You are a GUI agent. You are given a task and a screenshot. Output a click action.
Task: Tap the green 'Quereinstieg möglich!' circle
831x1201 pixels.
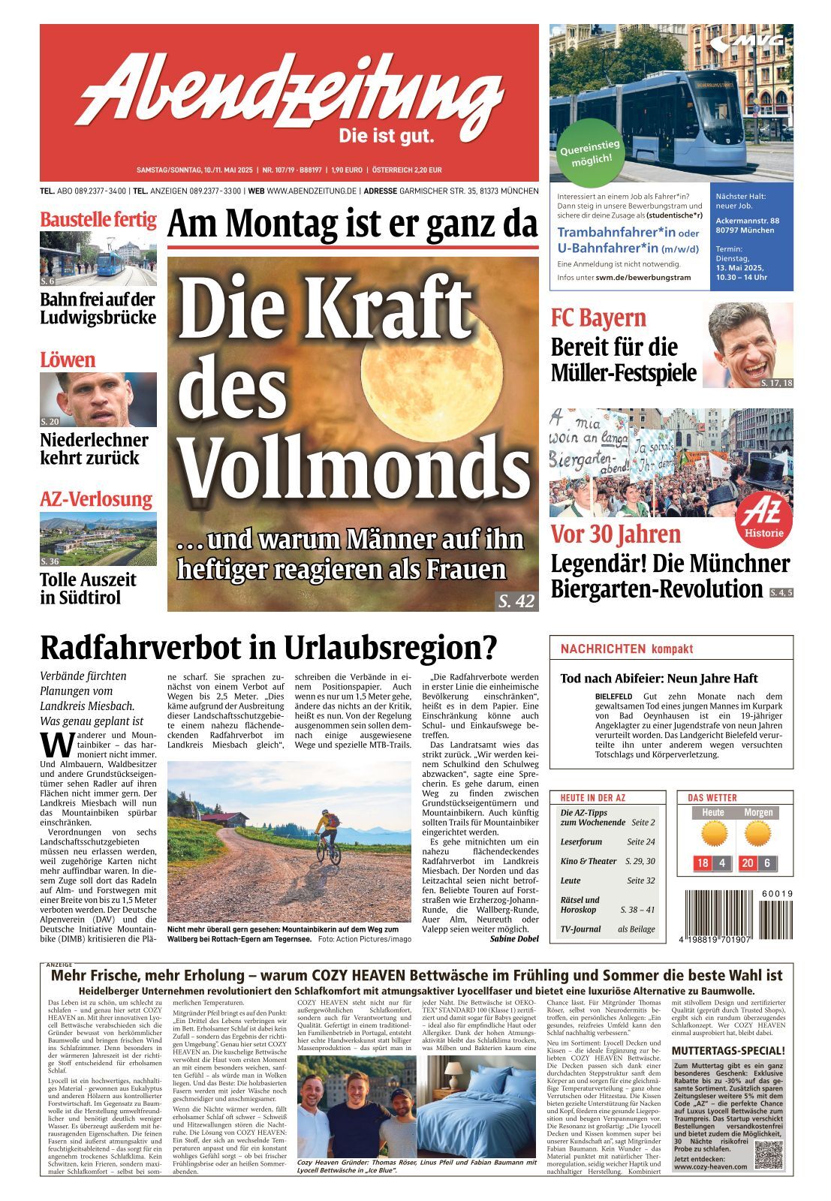(591, 152)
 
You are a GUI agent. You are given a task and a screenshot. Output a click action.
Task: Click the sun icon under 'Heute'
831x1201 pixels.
(714, 834)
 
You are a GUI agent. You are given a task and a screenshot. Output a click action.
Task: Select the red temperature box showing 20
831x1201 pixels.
(748, 863)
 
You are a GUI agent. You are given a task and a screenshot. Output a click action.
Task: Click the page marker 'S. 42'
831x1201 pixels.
(516, 600)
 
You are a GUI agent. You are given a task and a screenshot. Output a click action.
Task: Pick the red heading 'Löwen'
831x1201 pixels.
(68, 360)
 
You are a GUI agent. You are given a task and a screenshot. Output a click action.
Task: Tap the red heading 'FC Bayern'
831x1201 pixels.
(598, 318)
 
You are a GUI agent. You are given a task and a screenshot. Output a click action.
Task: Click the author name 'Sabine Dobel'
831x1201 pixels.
(513, 938)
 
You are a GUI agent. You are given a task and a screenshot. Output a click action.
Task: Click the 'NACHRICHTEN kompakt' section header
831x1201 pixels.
(626, 649)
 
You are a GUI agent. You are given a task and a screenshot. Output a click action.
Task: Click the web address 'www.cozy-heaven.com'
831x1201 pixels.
(710, 1166)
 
